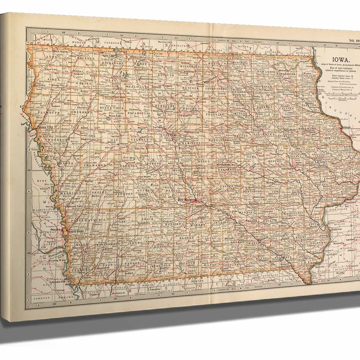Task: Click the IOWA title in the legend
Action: (x=339, y=59)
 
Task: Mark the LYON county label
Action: (x=52, y=58)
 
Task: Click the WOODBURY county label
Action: (x=56, y=140)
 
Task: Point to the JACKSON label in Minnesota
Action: (x=112, y=43)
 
